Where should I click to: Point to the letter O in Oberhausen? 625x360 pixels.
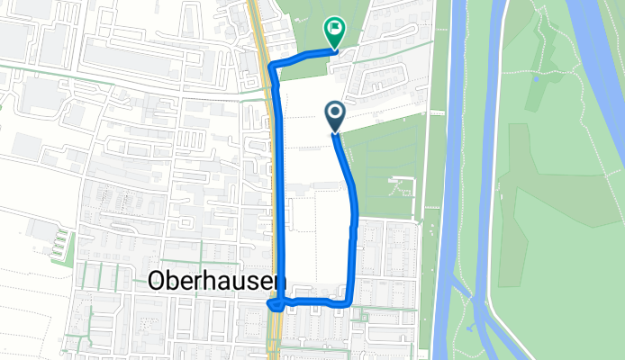coord(154,282)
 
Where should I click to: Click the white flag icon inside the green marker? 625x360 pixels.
coord(335,29)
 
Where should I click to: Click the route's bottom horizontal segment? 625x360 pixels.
coord(315,301)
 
